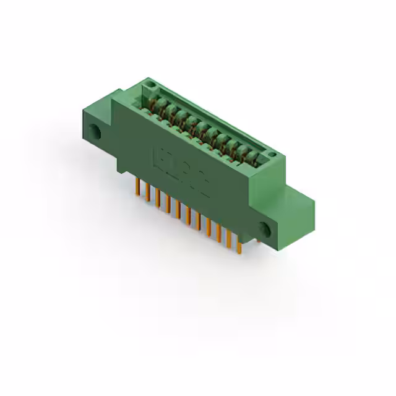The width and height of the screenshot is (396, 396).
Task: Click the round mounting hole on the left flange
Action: [95, 132]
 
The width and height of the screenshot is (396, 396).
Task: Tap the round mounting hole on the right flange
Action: [265, 228]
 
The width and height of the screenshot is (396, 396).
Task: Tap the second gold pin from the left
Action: [147, 193]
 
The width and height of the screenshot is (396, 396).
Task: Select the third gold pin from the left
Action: [157, 199]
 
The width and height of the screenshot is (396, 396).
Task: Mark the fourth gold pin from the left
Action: [167, 205]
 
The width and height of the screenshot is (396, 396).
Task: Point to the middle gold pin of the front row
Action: [187, 216]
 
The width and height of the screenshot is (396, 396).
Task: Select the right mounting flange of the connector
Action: [291, 217]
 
